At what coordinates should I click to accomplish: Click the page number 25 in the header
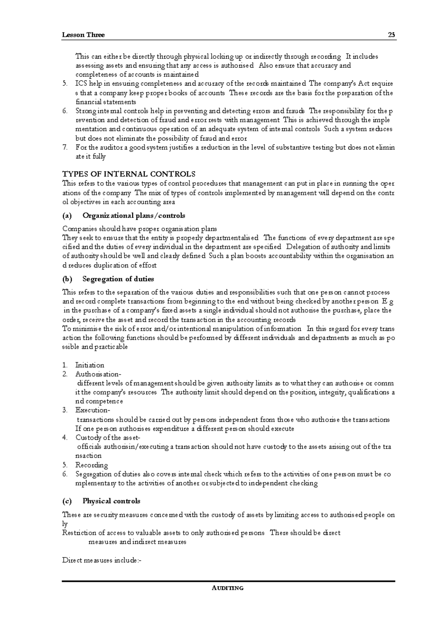391,35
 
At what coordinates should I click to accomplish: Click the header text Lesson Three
83,35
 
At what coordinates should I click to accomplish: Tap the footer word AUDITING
228,588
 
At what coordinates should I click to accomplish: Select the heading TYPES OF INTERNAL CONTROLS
129,174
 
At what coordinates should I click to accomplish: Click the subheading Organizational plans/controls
134,215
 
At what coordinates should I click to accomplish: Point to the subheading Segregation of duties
118,279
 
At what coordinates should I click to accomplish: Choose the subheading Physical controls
111,501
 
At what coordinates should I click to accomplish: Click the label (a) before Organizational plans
67,215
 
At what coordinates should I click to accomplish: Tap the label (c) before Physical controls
67,501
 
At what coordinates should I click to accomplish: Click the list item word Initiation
90,365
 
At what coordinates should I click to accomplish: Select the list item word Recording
91,465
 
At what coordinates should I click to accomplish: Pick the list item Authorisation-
97,374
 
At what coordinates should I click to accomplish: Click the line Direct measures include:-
102,560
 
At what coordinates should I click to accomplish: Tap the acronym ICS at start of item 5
81,84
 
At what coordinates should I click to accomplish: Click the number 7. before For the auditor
65,147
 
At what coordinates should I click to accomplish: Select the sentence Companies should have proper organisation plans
139,229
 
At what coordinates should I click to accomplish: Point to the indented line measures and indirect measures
137,542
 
